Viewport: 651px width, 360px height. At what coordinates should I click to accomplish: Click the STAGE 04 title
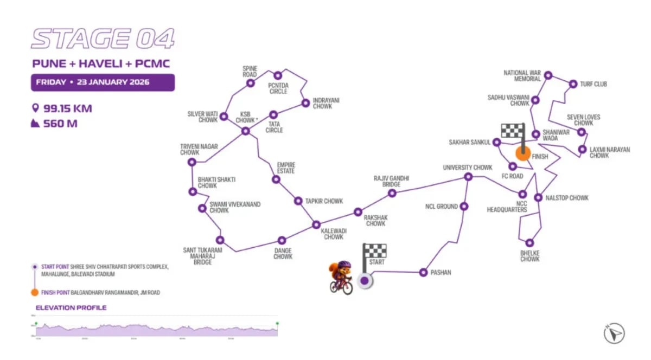point(103,40)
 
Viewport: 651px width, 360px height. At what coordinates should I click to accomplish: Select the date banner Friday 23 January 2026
point(103,82)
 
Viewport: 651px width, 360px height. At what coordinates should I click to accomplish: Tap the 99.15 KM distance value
point(67,108)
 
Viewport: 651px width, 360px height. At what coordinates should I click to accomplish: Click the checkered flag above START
point(375,251)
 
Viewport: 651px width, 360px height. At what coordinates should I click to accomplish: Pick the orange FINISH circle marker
point(523,153)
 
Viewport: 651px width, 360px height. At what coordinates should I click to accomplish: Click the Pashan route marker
point(424,272)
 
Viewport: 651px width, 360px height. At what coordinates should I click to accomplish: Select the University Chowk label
point(467,168)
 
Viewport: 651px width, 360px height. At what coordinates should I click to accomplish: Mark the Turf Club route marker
point(573,84)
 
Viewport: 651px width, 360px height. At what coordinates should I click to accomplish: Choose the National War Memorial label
point(522,76)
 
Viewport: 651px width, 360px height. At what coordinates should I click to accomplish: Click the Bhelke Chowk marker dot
point(529,242)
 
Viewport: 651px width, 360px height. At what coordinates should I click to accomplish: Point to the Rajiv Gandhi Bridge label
point(391,181)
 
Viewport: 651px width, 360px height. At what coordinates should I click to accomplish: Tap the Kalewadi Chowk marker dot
point(316,224)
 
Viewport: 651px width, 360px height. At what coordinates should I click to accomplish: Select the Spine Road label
point(250,71)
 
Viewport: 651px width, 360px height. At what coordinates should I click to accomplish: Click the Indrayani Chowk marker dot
point(305,101)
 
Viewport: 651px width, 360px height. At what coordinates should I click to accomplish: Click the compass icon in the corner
point(614,333)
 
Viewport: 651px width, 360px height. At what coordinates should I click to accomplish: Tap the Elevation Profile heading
point(71,308)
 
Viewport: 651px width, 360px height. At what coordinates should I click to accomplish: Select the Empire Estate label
point(286,168)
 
